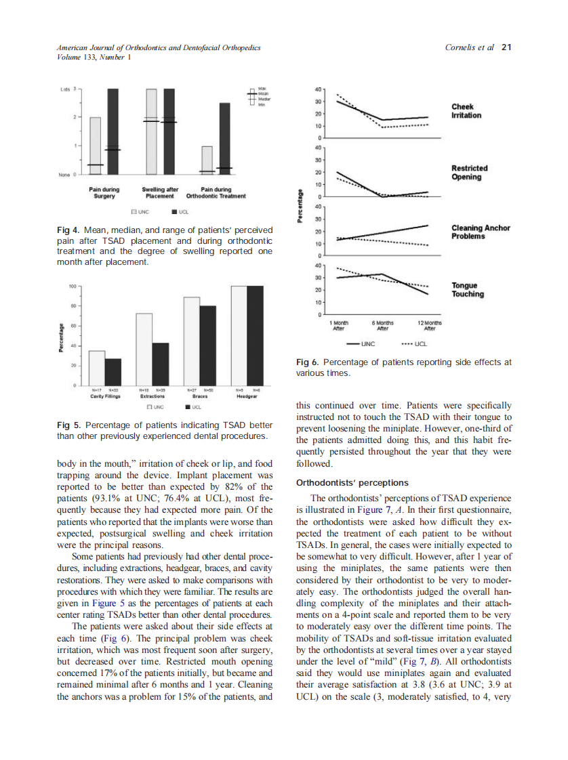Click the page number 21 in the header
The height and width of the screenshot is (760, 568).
coord(506,47)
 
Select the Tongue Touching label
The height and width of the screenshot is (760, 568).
coord(468,290)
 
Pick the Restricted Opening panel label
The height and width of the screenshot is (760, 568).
coord(469,172)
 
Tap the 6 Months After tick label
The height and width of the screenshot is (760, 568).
coord(382,326)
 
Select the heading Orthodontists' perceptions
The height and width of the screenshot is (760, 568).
coord(352,483)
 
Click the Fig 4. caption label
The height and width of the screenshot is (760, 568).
coord(68,231)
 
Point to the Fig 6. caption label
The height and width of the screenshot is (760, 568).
coord(309,362)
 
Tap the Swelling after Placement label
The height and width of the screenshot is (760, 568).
coord(160,192)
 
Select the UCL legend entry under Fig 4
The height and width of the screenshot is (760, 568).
coord(178,211)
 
